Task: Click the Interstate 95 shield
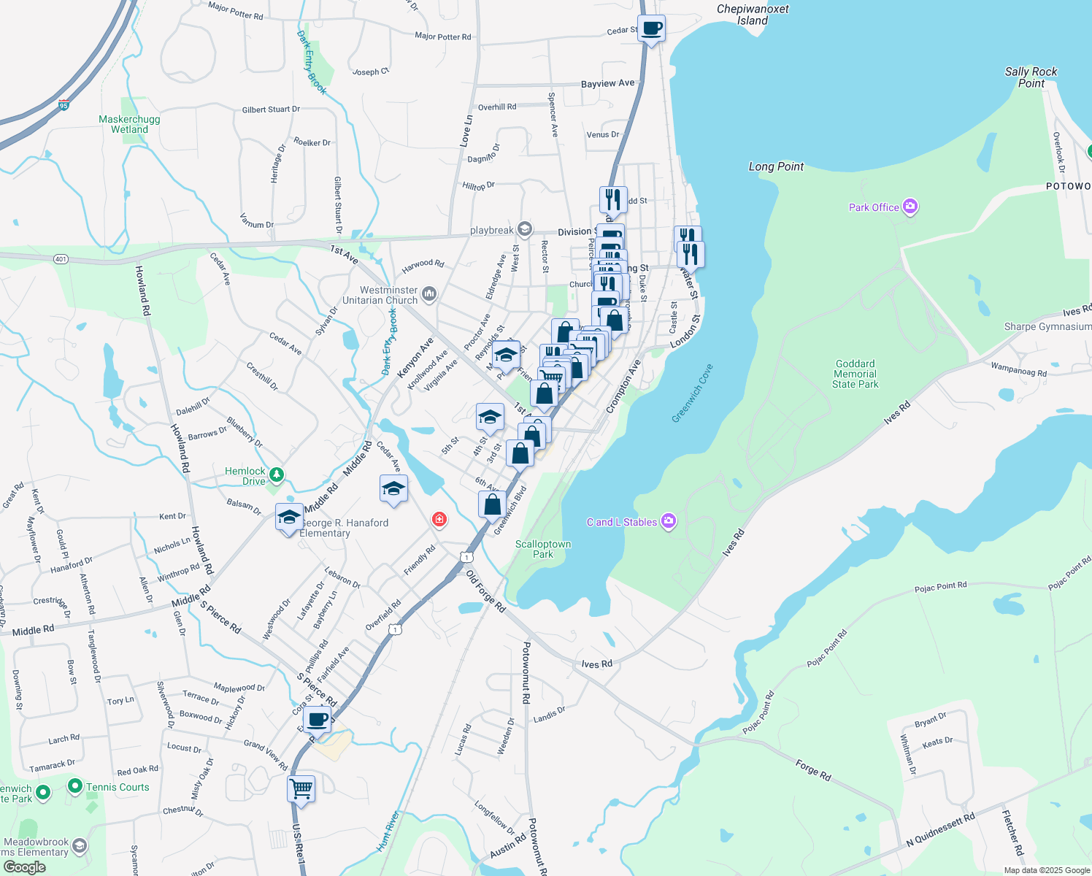tap(64, 105)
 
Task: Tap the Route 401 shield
tap(61, 259)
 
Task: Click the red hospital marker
tap(439, 520)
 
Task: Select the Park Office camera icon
tap(910, 207)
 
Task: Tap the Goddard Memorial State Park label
tap(855, 374)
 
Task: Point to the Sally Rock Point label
tap(1031, 77)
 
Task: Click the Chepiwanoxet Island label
tap(752, 15)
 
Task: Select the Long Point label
tap(776, 166)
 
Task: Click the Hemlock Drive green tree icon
tap(276, 475)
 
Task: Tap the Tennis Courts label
tap(118, 787)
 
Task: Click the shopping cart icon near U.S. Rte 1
tap(301, 788)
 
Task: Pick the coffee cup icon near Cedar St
tap(652, 29)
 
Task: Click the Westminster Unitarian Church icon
tap(429, 294)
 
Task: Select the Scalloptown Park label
tap(543, 549)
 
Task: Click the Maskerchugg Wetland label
tap(129, 124)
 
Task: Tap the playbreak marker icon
tap(524, 229)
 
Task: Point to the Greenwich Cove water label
tap(692, 393)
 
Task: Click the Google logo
tap(24, 867)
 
